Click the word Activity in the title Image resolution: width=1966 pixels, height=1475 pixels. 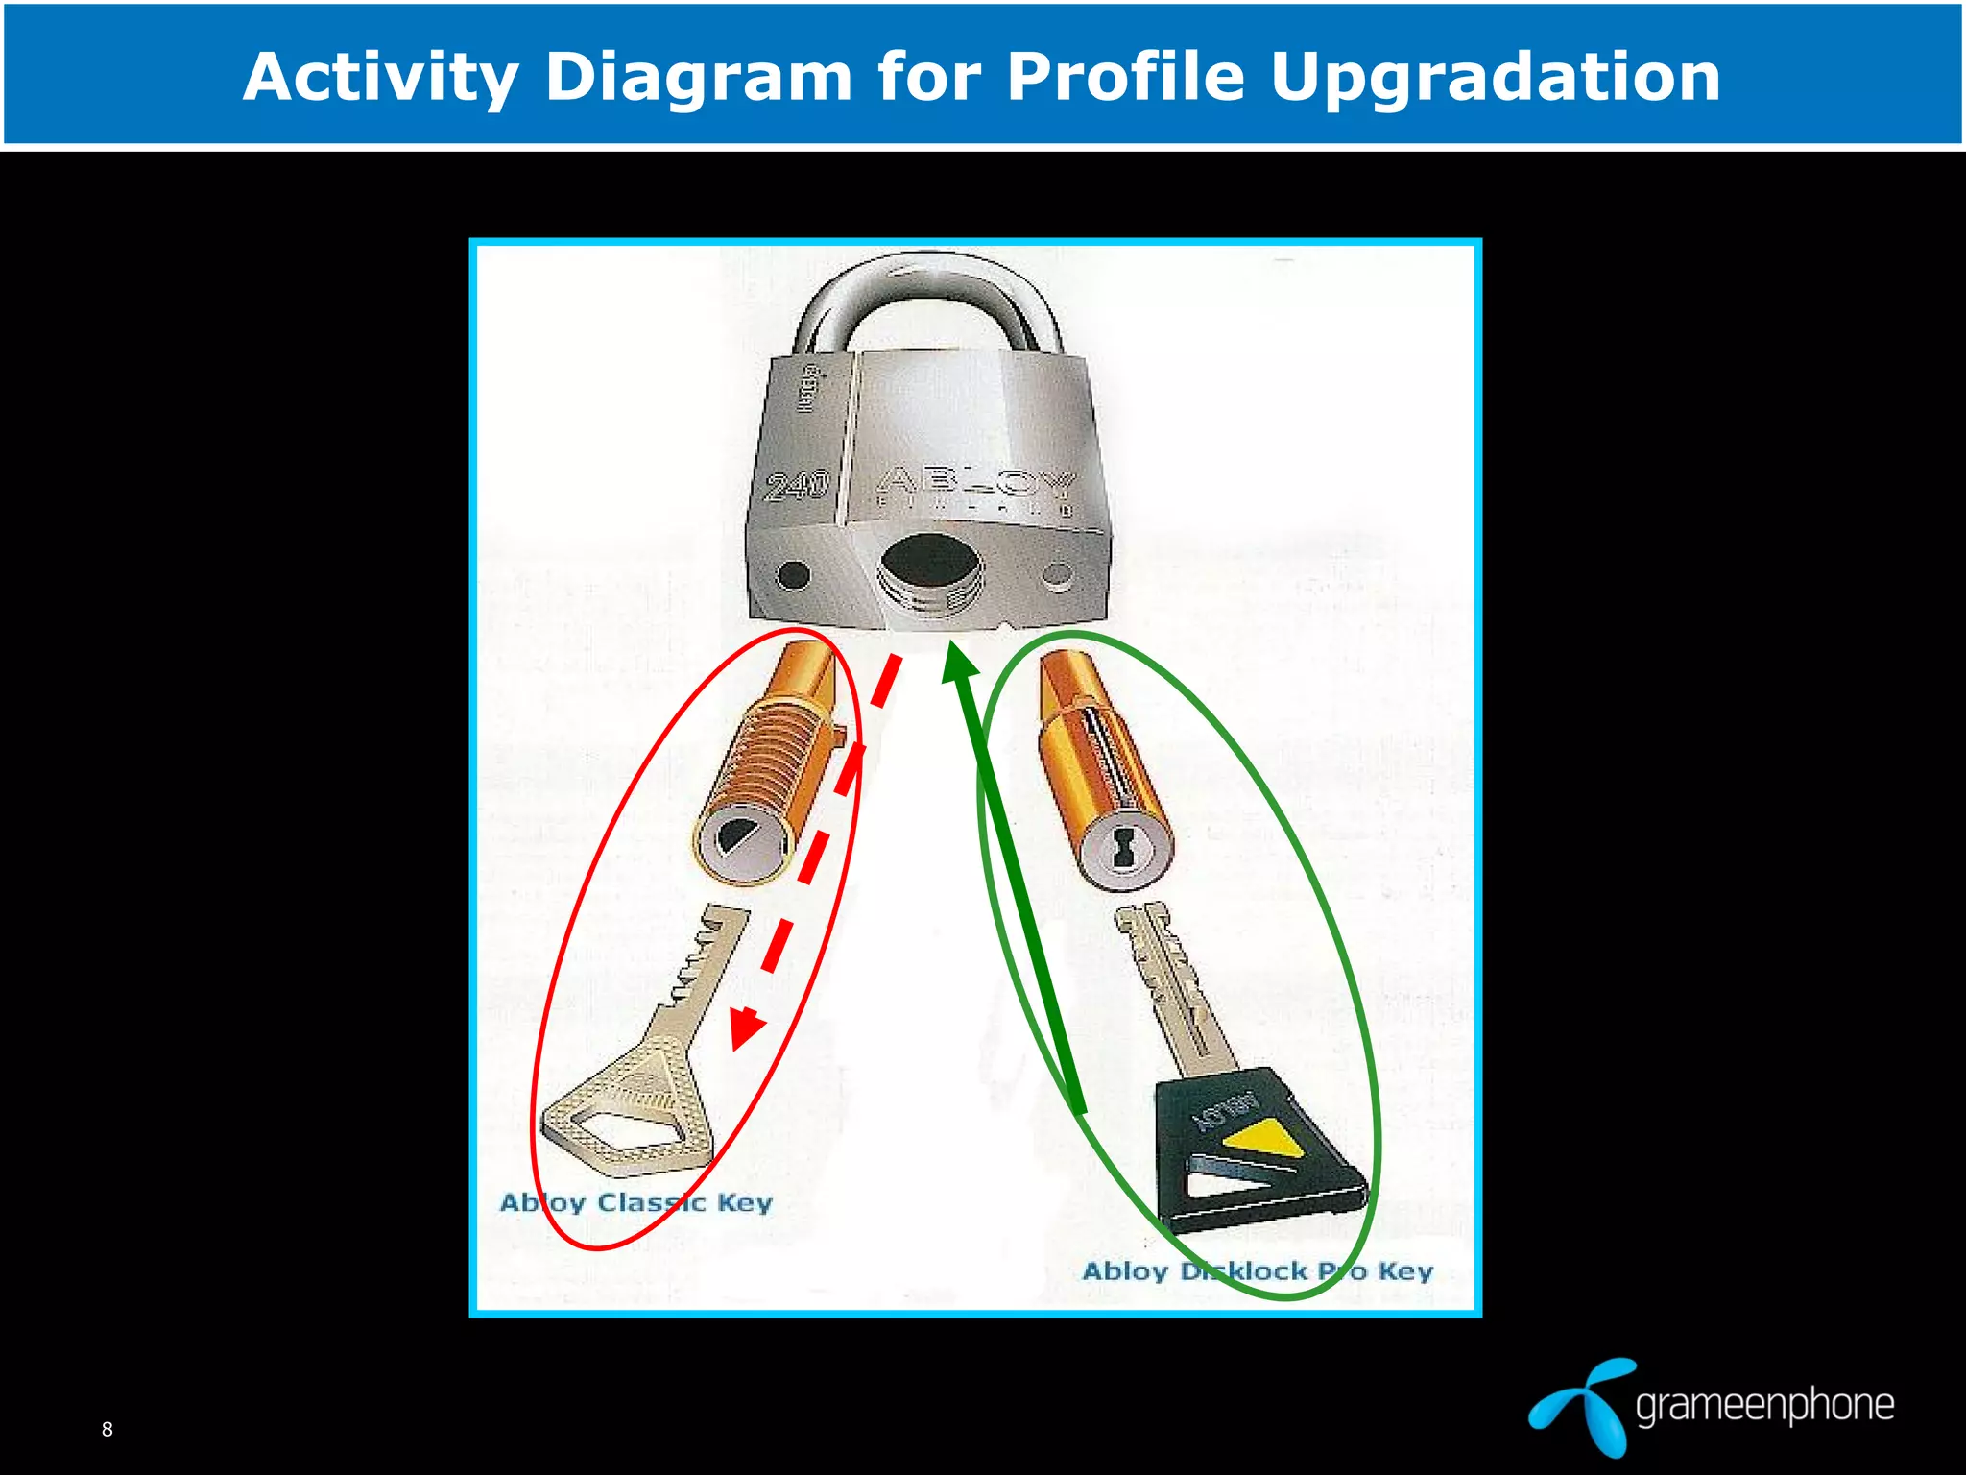click(x=380, y=77)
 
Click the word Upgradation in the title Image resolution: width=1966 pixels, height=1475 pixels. click(x=1495, y=79)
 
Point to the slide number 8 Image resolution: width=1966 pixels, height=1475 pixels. click(x=108, y=1429)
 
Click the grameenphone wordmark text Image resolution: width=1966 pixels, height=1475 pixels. click(x=1764, y=1405)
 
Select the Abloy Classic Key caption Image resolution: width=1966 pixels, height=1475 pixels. click(x=635, y=1202)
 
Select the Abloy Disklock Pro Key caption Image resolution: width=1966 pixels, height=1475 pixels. click(x=1257, y=1271)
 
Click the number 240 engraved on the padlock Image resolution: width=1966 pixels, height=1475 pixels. click(x=797, y=485)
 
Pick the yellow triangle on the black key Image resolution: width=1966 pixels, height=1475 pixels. click(x=1265, y=1139)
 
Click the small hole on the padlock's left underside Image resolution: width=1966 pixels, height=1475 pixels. click(x=793, y=575)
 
